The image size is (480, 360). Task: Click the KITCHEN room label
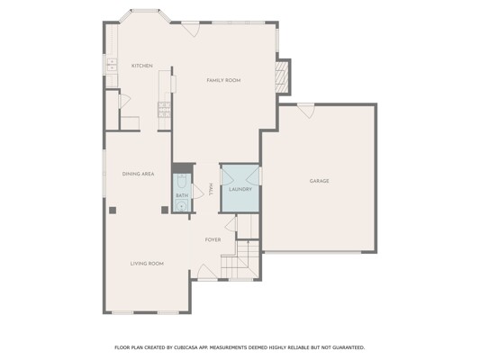click(141, 66)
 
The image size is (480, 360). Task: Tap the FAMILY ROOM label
click(223, 80)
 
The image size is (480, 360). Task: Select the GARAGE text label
click(320, 181)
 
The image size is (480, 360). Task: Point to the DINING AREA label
click(138, 174)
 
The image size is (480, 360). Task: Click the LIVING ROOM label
click(147, 264)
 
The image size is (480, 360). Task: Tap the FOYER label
click(213, 239)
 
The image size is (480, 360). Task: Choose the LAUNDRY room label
click(240, 189)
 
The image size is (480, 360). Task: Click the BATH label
click(182, 195)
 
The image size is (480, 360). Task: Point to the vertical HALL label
click(211, 190)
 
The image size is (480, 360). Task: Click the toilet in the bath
click(182, 182)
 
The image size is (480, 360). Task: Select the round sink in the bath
click(182, 205)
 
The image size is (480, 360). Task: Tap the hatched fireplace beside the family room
click(282, 76)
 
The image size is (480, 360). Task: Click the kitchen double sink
click(112, 65)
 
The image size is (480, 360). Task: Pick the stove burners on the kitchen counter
click(165, 110)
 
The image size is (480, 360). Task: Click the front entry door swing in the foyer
click(207, 272)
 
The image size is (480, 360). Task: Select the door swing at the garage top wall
click(306, 111)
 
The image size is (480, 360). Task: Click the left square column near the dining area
click(113, 210)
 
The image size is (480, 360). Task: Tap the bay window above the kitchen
click(144, 14)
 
